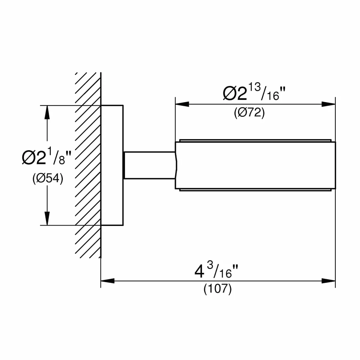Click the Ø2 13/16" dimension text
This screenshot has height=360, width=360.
tap(254, 92)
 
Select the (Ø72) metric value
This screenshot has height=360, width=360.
tap(249, 113)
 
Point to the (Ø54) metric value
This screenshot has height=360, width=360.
tap(48, 179)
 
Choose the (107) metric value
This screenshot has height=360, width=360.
tap(217, 289)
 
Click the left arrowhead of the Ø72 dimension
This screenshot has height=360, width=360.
tap(182, 104)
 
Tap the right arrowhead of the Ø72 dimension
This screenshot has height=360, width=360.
tap(328, 104)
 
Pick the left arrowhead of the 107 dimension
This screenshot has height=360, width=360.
tap(107, 281)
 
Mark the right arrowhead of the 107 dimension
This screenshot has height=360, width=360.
tap(328, 281)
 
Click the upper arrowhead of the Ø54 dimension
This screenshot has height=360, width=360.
tap(47, 112)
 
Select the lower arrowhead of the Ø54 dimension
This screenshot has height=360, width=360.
tap(47, 218)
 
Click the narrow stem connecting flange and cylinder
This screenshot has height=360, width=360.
tap(150, 165)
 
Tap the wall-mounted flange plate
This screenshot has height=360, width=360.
tap(112, 165)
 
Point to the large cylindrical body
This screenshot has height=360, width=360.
tap(255, 165)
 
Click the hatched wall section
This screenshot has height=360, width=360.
tap(88, 165)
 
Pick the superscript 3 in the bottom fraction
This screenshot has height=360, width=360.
tap(210, 266)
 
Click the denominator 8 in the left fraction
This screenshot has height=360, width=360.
tap(62, 160)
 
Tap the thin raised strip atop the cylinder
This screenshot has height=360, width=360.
tap(255, 140)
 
